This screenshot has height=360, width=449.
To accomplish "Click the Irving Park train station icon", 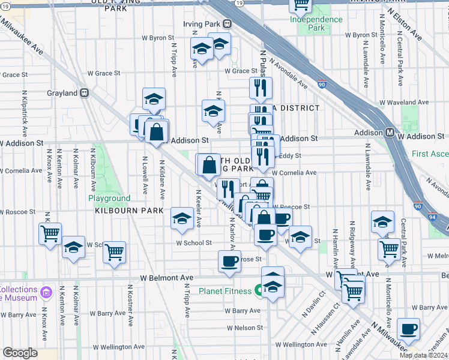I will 228,24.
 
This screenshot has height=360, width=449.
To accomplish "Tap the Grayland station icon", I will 85,94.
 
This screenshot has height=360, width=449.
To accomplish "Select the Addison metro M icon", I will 390,132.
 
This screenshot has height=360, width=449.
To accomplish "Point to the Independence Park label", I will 316,23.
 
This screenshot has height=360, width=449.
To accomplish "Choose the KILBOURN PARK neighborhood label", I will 128,211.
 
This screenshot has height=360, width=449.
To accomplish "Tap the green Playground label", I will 109,198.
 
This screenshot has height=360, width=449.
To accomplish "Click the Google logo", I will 20,353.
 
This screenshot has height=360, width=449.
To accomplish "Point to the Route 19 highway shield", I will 240,3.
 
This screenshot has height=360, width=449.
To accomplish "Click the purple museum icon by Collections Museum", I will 46,294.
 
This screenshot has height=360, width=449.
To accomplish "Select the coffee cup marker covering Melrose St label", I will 229,262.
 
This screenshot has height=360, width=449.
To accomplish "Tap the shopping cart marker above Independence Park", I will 301,5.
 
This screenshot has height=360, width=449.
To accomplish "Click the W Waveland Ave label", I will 406,103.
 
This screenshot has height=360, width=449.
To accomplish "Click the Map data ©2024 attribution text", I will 423,355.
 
